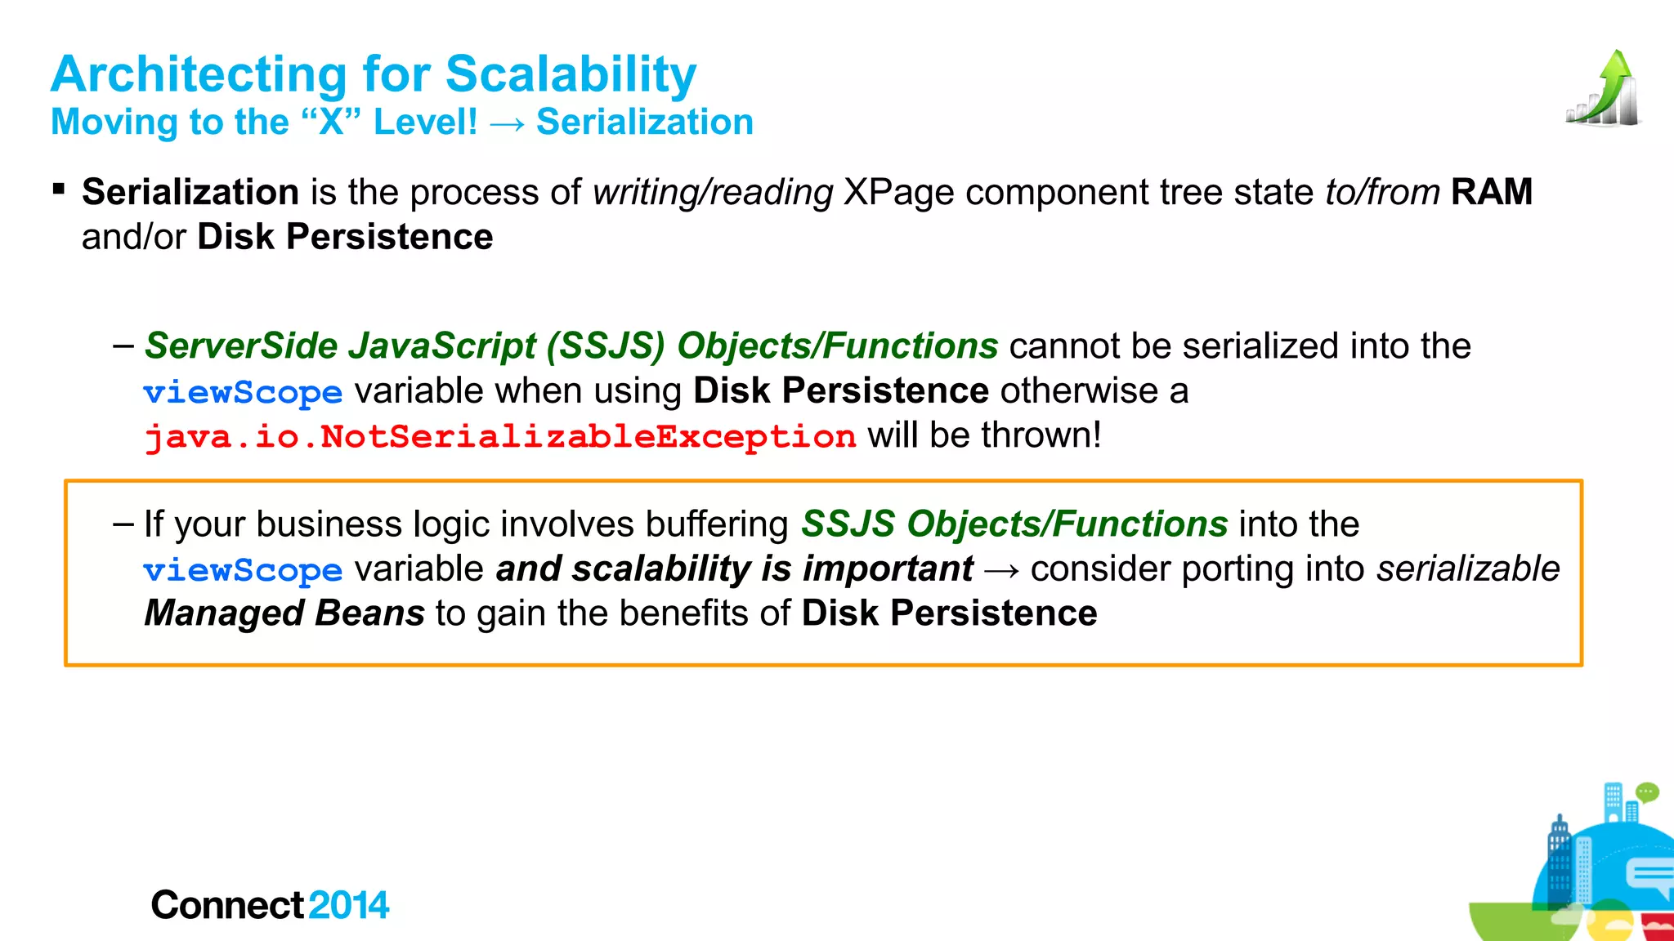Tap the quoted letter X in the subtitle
[x=331, y=123]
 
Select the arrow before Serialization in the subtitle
[x=507, y=124]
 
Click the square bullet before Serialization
[x=58, y=190]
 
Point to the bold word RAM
[x=1491, y=193]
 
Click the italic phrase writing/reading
[x=712, y=193]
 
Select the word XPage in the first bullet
[x=898, y=193]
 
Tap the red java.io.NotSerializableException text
[x=500, y=436]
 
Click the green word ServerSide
[x=241, y=346]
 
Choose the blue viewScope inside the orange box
[x=243, y=570]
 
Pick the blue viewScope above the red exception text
[x=243, y=393]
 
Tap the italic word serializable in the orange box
[x=1468, y=569]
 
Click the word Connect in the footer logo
[x=227, y=905]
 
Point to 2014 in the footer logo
[x=349, y=905]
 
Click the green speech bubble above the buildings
[x=1646, y=792]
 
